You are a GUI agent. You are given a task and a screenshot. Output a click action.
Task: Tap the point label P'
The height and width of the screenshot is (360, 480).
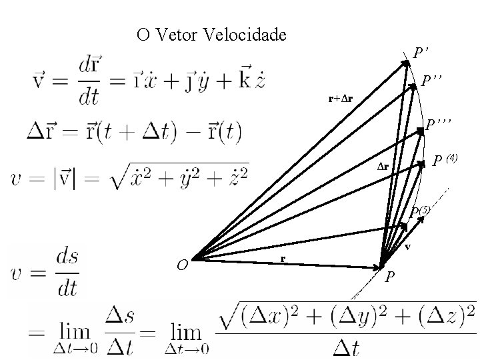point(420,52)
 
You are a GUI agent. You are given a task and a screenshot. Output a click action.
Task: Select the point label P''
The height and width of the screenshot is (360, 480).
point(432,81)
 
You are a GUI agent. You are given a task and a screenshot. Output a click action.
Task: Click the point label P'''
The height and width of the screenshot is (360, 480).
point(439,123)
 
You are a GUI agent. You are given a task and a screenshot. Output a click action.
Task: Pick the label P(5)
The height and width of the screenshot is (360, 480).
point(421,211)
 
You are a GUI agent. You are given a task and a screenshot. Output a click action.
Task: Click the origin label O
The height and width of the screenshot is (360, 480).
point(181,265)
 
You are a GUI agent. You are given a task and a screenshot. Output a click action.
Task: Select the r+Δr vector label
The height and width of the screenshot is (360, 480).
point(340,99)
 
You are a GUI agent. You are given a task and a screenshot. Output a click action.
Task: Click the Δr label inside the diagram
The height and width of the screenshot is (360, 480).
point(383,166)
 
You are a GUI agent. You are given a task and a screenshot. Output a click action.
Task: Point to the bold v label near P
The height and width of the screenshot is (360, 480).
point(408,247)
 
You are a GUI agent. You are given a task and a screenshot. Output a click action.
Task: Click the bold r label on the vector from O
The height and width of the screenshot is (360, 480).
point(283,258)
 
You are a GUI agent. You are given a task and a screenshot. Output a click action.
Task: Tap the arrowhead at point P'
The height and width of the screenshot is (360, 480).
point(407,63)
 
